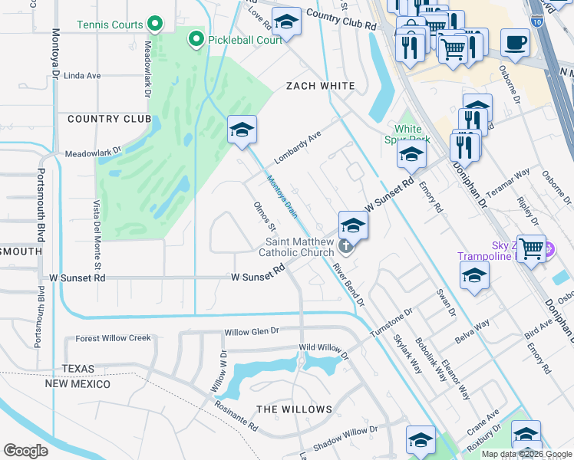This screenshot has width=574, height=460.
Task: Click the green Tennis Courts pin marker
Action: [x=154, y=25]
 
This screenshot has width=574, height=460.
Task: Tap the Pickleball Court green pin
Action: [x=196, y=38]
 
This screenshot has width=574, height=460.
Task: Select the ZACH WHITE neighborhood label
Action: [x=320, y=86]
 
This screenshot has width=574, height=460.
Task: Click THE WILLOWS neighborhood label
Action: [x=294, y=409]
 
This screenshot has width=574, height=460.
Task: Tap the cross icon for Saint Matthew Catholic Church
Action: [x=346, y=247]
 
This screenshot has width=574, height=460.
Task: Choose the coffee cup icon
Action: [x=515, y=42]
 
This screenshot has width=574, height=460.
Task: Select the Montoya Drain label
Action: [x=281, y=196]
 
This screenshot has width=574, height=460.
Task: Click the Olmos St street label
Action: [x=265, y=218]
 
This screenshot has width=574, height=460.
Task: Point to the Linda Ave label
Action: [x=82, y=76]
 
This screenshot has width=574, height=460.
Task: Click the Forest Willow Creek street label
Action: [x=114, y=338]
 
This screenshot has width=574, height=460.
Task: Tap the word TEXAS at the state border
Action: [x=78, y=369]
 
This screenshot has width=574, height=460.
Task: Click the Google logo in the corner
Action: [x=25, y=450]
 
